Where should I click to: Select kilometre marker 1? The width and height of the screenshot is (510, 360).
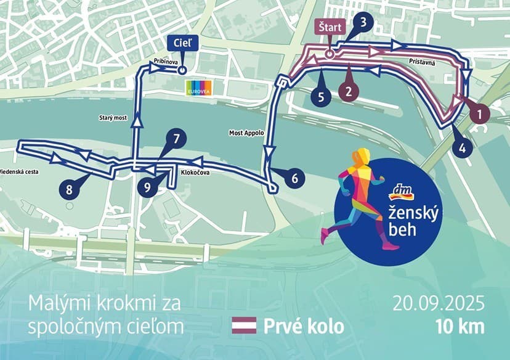click(476, 113)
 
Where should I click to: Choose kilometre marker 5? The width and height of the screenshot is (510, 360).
click(320, 96)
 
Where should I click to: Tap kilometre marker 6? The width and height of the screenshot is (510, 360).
click(294, 178)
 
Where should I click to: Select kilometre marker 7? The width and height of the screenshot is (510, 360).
click(176, 139)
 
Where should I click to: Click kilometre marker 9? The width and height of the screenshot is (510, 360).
click(147, 188)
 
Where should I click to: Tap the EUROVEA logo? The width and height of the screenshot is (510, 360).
click(200, 87)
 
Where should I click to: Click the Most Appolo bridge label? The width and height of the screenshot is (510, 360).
click(246, 133)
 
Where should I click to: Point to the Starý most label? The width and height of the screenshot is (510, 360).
click(113, 117)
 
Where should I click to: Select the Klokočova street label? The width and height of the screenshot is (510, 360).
click(195, 173)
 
